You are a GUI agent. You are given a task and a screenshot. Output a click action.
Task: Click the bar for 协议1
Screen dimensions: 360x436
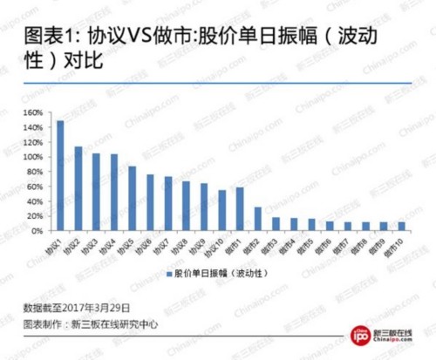(x=60, y=175)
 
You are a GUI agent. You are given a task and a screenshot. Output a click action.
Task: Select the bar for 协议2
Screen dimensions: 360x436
(x=78, y=188)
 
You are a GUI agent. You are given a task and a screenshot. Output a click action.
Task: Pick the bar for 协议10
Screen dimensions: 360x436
(x=221, y=210)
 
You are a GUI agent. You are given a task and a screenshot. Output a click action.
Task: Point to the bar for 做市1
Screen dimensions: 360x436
(x=240, y=209)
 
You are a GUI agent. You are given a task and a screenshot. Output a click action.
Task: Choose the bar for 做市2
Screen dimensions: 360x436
(x=258, y=219)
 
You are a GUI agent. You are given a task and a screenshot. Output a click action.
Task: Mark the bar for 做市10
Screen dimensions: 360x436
(x=401, y=227)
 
